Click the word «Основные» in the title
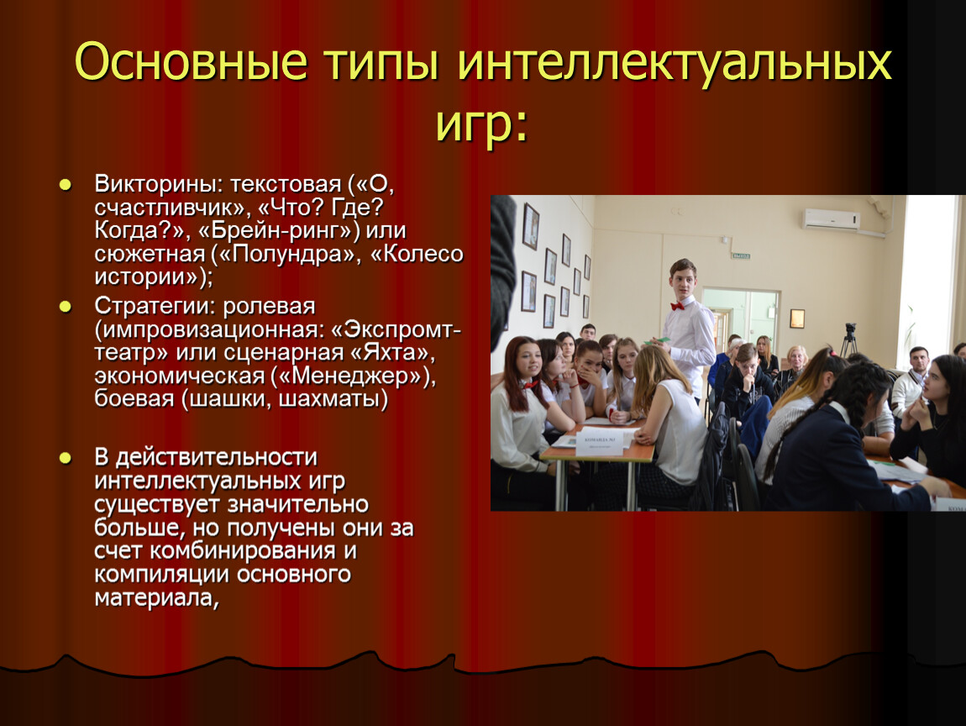[x=191, y=61]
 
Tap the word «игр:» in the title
[x=482, y=124]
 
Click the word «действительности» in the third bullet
[x=216, y=457]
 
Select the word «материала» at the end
[x=153, y=597]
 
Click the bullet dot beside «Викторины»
[x=66, y=184]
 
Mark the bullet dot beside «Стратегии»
[x=66, y=307]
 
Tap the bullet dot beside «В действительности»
[x=66, y=458]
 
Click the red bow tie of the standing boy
[x=678, y=306]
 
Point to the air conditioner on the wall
[x=831, y=219]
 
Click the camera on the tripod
[x=850, y=329]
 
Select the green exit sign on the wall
[x=741, y=255]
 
